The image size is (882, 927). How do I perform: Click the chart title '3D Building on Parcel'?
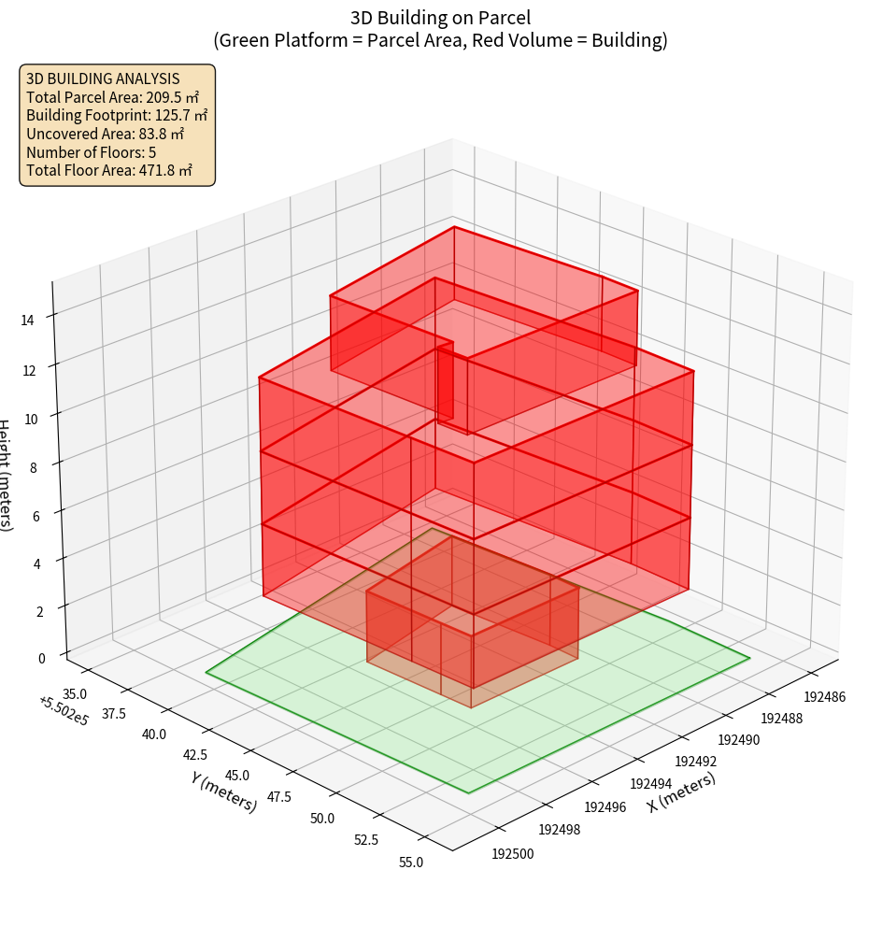[440, 18]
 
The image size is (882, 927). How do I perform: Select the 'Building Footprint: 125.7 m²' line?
[117, 116]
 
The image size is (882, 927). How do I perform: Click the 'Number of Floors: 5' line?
[92, 152]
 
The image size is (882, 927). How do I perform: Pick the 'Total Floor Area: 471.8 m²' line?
[109, 170]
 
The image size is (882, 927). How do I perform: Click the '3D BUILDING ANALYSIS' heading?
[103, 79]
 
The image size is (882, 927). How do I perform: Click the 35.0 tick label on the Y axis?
[74, 693]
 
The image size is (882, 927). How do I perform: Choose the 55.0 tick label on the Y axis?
[409, 862]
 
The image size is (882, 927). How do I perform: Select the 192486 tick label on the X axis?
[825, 697]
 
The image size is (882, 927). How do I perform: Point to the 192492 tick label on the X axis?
[695, 761]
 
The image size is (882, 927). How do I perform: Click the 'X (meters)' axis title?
[681, 792]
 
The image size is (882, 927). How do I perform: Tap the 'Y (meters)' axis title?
[223, 792]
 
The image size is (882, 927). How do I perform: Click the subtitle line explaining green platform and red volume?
[440, 40]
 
